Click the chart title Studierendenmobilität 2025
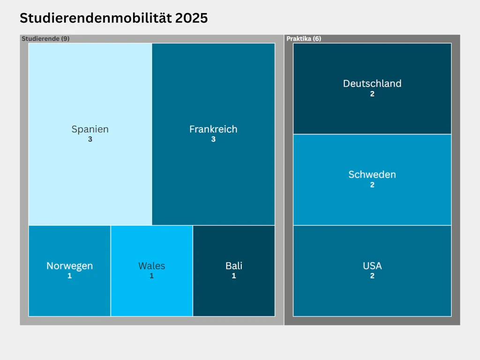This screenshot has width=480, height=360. pos(113,18)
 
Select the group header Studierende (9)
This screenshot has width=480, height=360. pos(45,38)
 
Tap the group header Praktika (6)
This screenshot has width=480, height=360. pos(304,38)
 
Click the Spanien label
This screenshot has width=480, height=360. pos(90,129)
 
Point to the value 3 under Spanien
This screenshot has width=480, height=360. pos(90,139)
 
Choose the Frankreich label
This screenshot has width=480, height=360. pos(213,129)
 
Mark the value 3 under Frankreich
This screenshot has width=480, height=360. pos(213,139)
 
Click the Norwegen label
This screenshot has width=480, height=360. pos(69,266)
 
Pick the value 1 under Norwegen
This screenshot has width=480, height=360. pos(69,276)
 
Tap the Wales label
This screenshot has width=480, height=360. pos(151,266)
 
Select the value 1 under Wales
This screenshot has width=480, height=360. pos(151,276)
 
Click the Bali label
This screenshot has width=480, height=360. pos(234,266)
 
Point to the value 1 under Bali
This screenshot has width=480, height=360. pos(234,276)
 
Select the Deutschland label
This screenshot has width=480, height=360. pos(372,83)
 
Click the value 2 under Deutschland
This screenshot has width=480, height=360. pos(372,94)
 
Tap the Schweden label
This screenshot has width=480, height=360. pos(372,174)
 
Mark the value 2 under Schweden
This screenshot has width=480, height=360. pos(372,185)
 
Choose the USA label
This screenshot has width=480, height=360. pos(372,266)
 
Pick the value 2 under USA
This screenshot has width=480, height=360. pos(372,276)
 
